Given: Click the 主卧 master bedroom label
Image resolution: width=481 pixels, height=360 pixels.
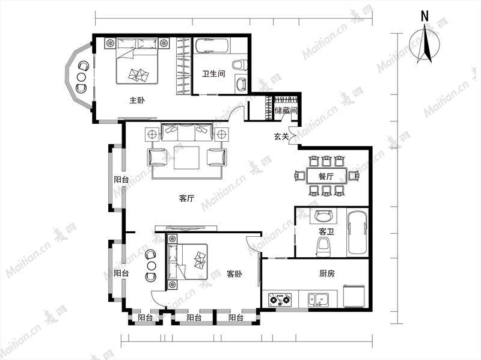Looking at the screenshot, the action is tap(137, 100).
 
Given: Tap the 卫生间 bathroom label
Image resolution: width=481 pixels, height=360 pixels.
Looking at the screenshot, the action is tap(213, 73).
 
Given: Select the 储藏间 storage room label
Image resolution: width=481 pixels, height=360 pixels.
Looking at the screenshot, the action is tap(286, 110).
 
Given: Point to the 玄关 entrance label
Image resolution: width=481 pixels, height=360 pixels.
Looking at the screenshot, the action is tap(281, 136).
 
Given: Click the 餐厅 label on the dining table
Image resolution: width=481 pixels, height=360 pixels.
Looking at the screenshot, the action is tap(326, 176).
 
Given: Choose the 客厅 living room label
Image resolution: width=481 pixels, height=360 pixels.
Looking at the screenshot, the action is tap(186, 198).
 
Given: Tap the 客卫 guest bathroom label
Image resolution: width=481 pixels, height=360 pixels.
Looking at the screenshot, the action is tap(326, 231).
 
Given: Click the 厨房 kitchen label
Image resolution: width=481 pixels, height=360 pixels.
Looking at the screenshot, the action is tap(326, 273).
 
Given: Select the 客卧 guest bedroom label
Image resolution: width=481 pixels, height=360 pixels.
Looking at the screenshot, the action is tap(234, 273).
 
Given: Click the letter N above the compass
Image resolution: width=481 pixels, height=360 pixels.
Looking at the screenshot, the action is tap(424, 16).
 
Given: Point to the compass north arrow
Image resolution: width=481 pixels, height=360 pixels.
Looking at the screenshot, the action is tap(426, 44).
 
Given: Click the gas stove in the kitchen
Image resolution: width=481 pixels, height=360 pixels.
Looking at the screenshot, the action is tap(280, 299).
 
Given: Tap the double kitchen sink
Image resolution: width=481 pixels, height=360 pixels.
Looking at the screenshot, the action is tap(319, 299).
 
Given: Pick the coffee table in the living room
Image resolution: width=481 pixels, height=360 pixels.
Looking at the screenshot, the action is tap(186, 157).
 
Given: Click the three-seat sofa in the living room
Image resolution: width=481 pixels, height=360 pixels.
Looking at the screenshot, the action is tap(186, 132).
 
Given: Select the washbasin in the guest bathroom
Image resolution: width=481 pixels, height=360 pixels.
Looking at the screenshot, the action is tap(323, 216).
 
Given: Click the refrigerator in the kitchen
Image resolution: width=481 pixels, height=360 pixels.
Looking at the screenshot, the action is tap(354, 296).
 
